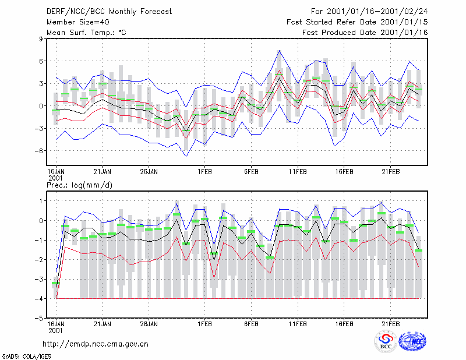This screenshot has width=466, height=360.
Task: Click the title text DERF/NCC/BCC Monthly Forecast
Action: [x=109, y=12]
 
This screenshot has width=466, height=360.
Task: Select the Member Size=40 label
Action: [x=78, y=22]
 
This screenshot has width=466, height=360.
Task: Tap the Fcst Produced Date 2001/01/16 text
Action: [x=365, y=33]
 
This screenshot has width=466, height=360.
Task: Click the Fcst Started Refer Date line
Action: [x=357, y=22]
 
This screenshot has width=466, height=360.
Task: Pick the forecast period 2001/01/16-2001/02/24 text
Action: [x=369, y=12]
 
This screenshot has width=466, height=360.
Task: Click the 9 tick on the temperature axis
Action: [x=41, y=38]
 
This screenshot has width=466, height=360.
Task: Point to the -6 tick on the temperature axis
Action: [x=39, y=151]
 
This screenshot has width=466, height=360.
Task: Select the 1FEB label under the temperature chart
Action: [x=205, y=172]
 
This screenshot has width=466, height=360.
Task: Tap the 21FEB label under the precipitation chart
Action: [x=391, y=324]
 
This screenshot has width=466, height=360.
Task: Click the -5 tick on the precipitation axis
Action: [x=39, y=318]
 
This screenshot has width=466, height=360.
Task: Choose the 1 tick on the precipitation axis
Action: [x=41, y=201]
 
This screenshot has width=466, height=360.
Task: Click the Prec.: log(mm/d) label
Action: [x=79, y=185]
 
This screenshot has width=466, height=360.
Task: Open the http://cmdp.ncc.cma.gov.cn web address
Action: [x=96, y=344]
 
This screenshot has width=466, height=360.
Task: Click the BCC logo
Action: [x=386, y=342]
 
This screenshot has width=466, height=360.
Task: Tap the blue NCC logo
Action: [x=412, y=341]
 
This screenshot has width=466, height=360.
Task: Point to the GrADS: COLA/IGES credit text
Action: [x=27, y=357]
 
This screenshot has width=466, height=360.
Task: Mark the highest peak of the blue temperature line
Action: [x=279, y=51]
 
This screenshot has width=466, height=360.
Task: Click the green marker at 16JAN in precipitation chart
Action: [x=56, y=283]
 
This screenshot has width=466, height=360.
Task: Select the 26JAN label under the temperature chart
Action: [x=149, y=172]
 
